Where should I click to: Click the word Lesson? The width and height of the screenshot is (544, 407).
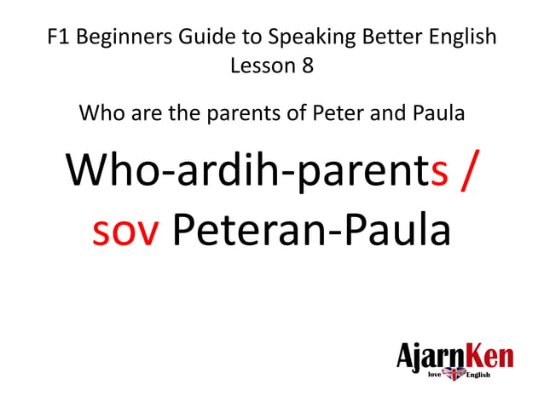(259, 66)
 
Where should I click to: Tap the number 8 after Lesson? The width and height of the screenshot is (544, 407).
(308, 66)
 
